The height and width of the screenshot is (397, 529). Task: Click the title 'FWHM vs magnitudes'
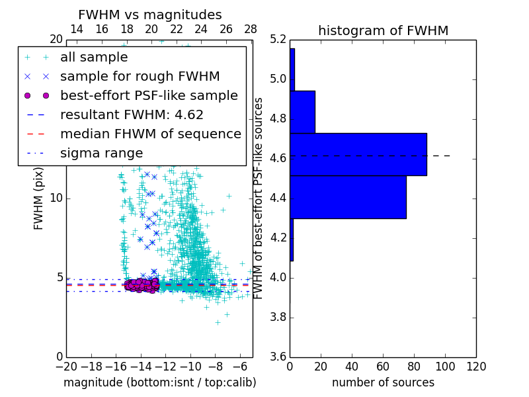(150, 15)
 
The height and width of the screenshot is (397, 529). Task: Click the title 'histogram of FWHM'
(383, 30)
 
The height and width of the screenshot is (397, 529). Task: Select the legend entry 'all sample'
(94, 58)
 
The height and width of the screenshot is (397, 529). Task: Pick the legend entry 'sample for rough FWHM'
(140, 77)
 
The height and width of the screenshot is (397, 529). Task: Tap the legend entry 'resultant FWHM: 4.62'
(132, 115)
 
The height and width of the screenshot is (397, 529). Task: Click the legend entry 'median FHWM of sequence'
(150, 134)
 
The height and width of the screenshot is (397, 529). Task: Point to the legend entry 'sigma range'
(101, 154)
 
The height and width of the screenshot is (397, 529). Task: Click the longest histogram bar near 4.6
(358, 154)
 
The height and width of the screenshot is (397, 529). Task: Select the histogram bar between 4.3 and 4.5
(348, 197)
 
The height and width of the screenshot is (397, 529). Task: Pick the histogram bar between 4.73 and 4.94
(302, 112)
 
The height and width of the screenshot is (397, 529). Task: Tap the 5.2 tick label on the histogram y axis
(278, 40)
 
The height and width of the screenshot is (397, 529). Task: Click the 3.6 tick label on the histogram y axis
(278, 356)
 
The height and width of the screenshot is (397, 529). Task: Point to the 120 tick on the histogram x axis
(475, 367)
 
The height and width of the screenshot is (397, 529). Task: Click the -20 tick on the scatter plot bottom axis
(65, 367)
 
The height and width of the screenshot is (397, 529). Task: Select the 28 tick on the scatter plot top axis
(251, 30)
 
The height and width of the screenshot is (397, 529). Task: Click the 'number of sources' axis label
(383, 382)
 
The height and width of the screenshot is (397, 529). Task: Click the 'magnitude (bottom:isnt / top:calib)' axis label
(159, 382)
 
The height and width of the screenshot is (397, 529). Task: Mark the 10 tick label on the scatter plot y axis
(56, 198)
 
